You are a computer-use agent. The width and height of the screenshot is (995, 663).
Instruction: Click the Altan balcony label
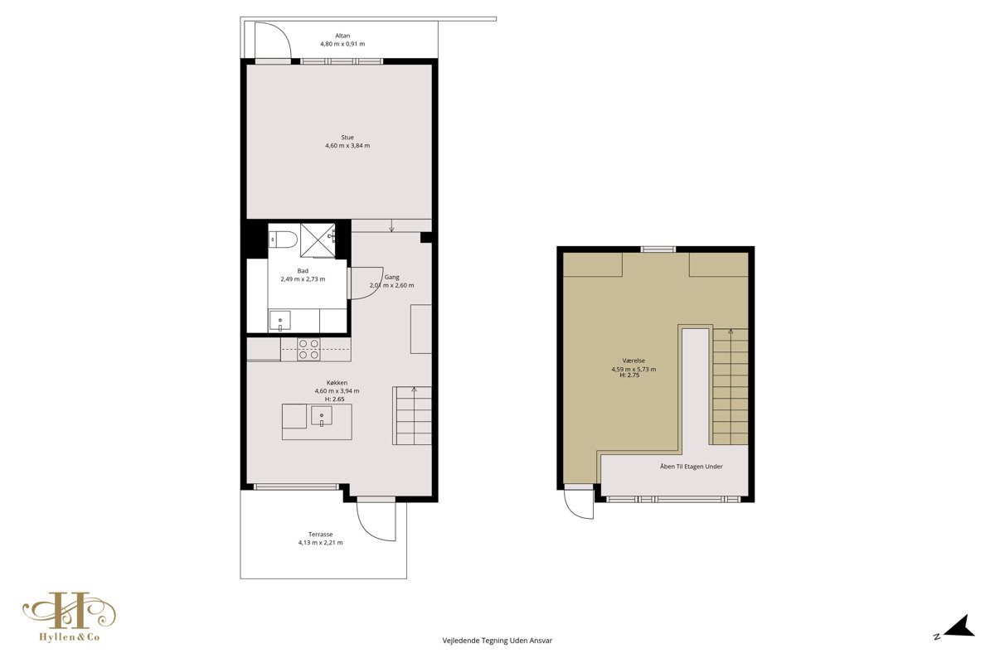342,36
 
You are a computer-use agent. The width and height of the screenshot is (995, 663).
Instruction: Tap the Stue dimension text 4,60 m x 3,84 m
347,146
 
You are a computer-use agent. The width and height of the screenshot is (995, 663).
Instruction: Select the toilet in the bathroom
283,239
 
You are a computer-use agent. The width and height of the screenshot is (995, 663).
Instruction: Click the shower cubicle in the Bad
318,240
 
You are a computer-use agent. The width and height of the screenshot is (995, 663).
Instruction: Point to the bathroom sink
280,321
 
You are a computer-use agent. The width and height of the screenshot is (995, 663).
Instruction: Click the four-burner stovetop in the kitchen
308,350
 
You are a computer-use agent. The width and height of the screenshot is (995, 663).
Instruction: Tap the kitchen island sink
321,416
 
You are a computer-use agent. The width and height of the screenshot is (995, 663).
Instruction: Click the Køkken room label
337,382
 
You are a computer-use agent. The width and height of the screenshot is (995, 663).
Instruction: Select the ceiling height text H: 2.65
334,399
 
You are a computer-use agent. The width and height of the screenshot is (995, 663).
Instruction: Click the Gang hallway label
391,277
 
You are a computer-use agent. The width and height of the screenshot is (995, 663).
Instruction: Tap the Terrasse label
320,535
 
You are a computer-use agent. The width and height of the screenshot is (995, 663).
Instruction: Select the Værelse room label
633,361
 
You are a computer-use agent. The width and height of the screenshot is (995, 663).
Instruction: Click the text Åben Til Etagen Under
692,467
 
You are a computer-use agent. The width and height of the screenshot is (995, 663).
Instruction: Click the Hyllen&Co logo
70,617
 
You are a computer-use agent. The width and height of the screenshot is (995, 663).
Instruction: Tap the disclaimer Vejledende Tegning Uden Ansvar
497,641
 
